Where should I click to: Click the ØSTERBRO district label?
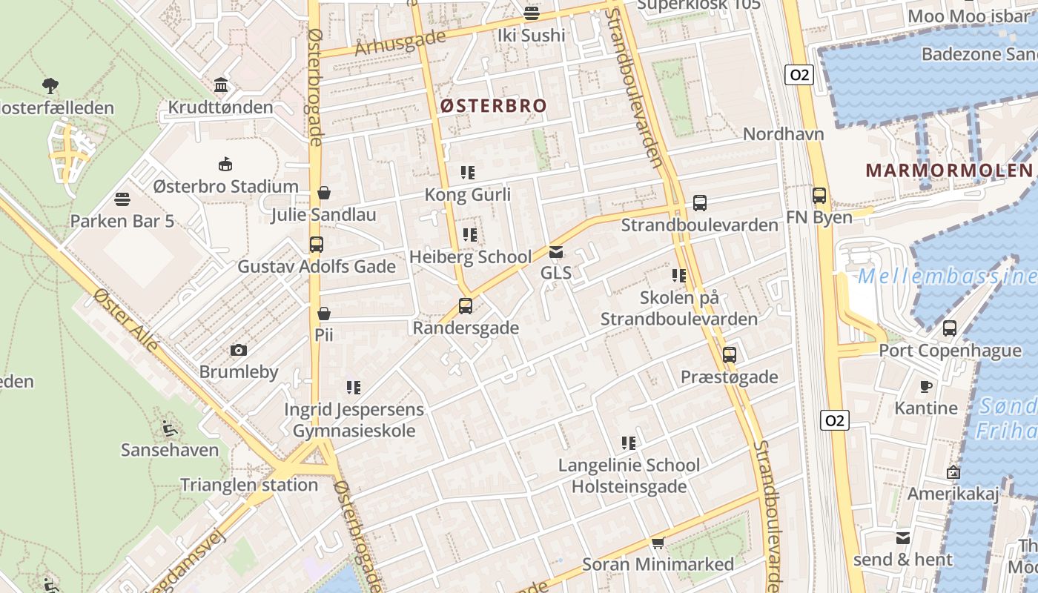(493, 106)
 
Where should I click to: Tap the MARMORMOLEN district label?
(948, 170)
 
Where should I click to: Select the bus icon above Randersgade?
(466, 305)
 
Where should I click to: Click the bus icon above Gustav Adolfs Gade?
(317, 244)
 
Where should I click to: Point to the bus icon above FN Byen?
(819, 196)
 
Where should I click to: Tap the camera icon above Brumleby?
(239, 350)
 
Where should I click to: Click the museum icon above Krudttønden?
(221, 85)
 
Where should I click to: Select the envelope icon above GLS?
(556, 252)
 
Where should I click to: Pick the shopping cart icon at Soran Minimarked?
(658, 543)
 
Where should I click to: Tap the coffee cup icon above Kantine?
(926, 386)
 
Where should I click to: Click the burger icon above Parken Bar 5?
(122, 199)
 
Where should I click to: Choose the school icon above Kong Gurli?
(468, 173)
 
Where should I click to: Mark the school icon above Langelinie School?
(629, 443)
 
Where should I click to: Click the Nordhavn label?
(784, 134)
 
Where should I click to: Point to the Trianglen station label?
(249, 486)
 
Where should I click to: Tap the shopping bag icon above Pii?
(324, 314)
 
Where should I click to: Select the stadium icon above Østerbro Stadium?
(225, 164)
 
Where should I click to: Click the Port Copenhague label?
(950, 351)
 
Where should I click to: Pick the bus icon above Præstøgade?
(730, 355)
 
